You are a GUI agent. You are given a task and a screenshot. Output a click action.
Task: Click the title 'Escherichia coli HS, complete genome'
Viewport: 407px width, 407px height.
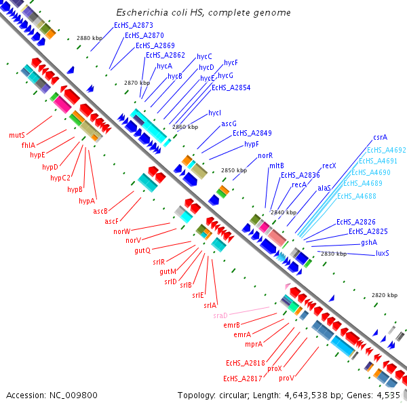[203, 13]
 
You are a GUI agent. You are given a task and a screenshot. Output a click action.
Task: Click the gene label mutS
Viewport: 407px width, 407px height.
[17, 135]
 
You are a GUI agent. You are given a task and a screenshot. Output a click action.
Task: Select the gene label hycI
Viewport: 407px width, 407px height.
[215, 113]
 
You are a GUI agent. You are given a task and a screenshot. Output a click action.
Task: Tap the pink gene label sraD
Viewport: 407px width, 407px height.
[220, 315]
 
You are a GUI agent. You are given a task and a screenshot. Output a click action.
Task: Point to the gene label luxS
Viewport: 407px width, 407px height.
[382, 253]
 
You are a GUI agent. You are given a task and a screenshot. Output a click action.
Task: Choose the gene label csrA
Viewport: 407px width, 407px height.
[380, 137]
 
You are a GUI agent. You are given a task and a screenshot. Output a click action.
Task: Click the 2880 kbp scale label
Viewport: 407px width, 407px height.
[89, 39]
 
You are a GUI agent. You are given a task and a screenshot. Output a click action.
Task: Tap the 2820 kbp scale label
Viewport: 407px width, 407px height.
[385, 295]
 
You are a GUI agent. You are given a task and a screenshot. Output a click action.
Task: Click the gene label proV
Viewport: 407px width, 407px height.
[286, 378]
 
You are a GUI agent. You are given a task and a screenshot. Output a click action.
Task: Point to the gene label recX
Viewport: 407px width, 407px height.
[329, 166]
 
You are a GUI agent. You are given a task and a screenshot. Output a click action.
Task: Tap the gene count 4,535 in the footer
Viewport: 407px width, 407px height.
[388, 395]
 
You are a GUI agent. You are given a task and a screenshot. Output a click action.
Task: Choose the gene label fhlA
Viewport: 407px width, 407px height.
[28, 144]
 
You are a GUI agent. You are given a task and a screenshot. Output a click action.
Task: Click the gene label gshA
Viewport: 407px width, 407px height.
[369, 242]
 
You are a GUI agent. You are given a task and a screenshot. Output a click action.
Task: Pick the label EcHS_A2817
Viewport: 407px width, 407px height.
[242, 378]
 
